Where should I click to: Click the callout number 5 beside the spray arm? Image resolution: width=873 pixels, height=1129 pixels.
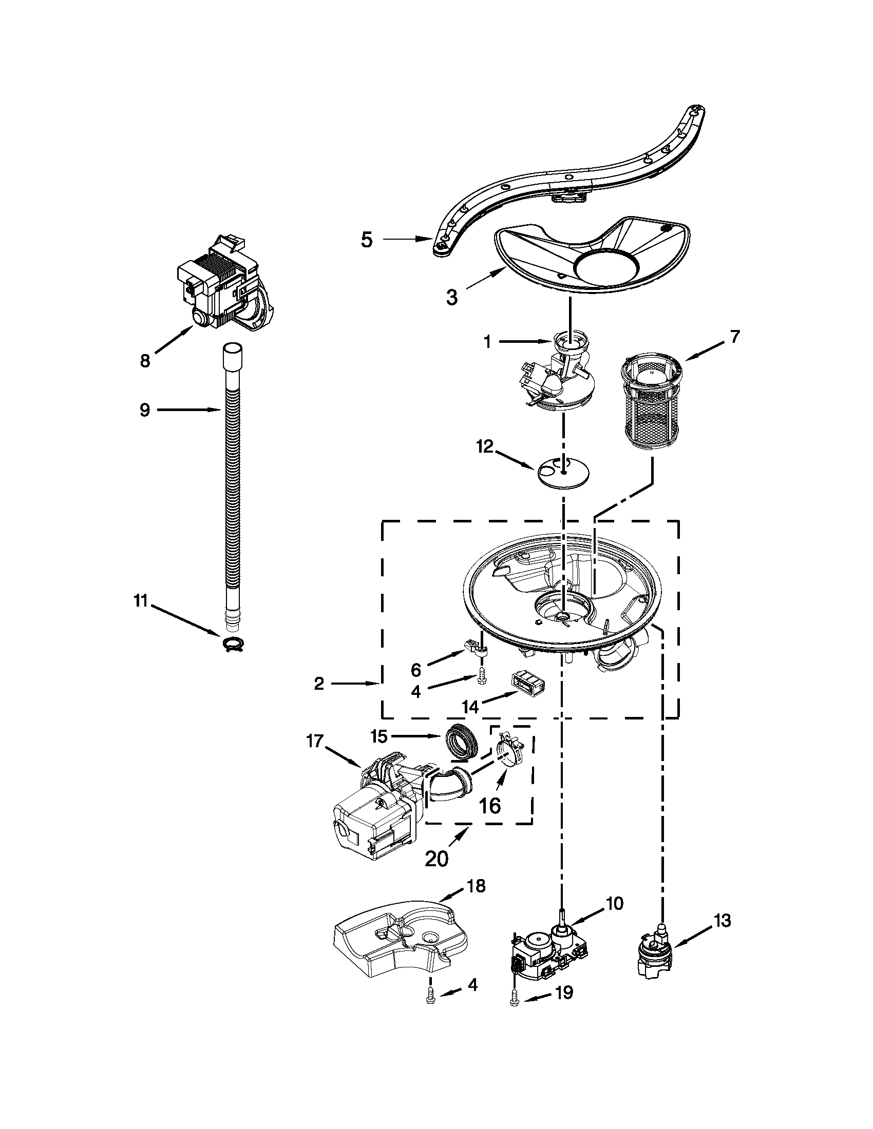pyautogui.click(x=367, y=240)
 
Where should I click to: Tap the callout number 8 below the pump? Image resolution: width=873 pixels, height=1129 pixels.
pyautogui.click(x=145, y=360)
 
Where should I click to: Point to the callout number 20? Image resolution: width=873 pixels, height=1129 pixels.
pyautogui.click(x=437, y=858)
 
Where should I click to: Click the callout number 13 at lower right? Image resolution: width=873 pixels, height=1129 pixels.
pyautogui.click(x=722, y=920)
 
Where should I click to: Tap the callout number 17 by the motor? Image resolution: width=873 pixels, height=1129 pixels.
pyautogui.click(x=314, y=742)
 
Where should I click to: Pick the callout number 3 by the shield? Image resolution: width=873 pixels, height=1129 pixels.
pyautogui.click(x=452, y=298)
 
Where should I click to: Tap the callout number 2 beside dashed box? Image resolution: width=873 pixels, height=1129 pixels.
pyautogui.click(x=319, y=684)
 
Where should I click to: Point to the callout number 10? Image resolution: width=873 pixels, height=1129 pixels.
pyautogui.click(x=614, y=903)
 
